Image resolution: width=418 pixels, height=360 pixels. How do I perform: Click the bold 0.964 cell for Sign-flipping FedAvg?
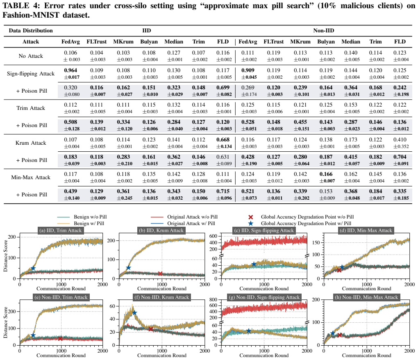click(70, 71)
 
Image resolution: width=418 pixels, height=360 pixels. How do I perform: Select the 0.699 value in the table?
click(223, 87)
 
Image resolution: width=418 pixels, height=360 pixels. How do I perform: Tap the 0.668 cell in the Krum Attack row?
click(223, 139)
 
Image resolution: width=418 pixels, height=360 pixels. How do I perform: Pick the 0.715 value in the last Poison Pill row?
click(223, 191)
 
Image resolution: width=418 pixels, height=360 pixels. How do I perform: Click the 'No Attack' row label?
click(31, 56)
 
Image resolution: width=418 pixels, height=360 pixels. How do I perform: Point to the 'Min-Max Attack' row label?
click(31, 177)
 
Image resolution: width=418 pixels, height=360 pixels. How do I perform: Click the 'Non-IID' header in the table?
click(324, 30)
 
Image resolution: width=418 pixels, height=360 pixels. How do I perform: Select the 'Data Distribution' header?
click(31, 30)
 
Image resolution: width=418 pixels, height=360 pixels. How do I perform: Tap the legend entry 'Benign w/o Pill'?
click(90, 217)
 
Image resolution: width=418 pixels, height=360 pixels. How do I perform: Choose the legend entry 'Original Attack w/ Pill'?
click(191, 223)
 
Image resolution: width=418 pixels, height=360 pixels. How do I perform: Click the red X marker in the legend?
click(250, 217)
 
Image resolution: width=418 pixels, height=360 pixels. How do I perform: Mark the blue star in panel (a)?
click(33, 269)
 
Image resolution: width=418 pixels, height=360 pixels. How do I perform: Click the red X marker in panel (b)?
click(160, 273)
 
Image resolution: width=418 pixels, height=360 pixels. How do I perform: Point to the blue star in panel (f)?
click(134, 313)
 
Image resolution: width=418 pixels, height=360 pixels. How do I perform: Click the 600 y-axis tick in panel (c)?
click(214, 236)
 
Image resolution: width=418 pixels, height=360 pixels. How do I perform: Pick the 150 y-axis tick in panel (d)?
click(316, 243)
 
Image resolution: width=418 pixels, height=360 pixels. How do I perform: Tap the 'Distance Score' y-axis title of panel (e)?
click(5, 323)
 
